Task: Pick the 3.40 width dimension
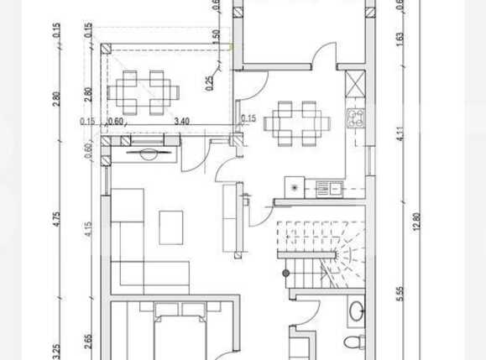tap(180, 121)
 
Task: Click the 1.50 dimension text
tap(216, 37)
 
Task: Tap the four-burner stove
tap(357, 118)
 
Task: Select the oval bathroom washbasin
tap(356, 310)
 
